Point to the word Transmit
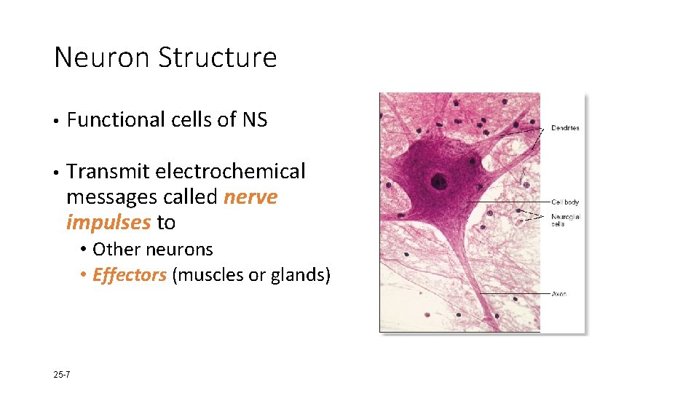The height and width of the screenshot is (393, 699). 106,172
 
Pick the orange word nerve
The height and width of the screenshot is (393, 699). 250,197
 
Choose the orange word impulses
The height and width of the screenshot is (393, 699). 108,222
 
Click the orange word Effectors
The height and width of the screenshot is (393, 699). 130,276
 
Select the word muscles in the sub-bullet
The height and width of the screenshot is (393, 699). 209,276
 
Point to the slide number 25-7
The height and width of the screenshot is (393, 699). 62,375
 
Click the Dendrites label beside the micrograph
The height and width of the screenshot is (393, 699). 565,128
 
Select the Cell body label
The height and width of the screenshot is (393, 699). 565,202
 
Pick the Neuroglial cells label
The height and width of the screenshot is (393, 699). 565,220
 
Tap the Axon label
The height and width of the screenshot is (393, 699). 558,294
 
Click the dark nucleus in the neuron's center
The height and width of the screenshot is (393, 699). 438,181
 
